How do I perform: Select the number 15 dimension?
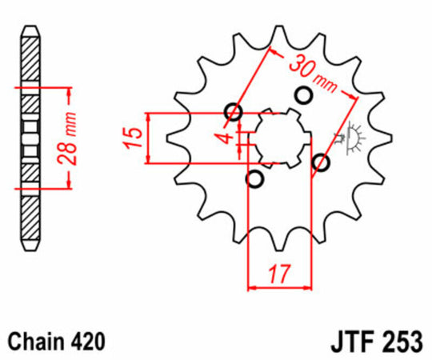tap(134, 138)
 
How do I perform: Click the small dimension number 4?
tap(228, 137)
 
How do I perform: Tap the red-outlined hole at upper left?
tap(234, 112)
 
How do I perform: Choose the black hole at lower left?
tap(256, 178)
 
